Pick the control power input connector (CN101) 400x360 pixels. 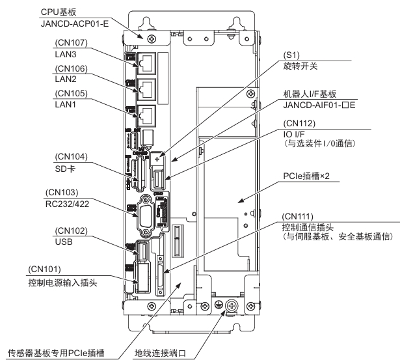click(143, 276)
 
